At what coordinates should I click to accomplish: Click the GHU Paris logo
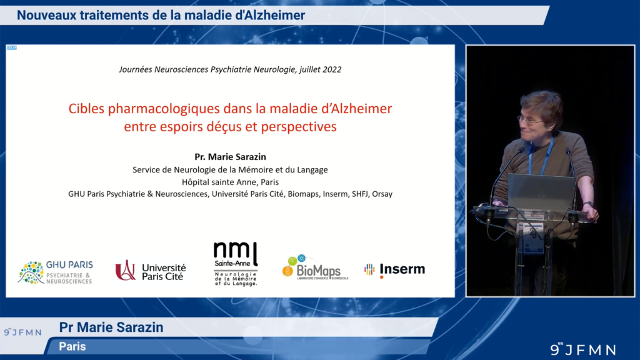point(56,272)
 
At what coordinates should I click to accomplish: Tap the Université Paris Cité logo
point(151,271)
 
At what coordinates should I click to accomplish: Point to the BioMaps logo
point(315,269)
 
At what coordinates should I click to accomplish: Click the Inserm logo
point(395,269)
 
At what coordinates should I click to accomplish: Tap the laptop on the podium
point(541,192)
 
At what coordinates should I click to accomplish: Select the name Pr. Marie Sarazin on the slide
point(230,157)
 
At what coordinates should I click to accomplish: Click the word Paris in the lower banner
point(72,346)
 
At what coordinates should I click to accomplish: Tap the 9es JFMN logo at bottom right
point(582,349)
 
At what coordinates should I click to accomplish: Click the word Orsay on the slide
point(382,194)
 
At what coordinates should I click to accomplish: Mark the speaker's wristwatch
point(587,204)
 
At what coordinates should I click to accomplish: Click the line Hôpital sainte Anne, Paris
point(230,182)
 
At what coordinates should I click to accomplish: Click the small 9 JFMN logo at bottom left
point(22,332)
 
